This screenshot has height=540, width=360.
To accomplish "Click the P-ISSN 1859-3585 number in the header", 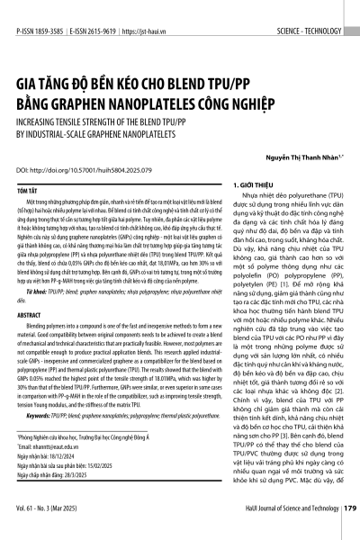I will click(x=40, y=8).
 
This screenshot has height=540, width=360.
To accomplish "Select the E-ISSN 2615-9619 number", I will click(x=102, y=8).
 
